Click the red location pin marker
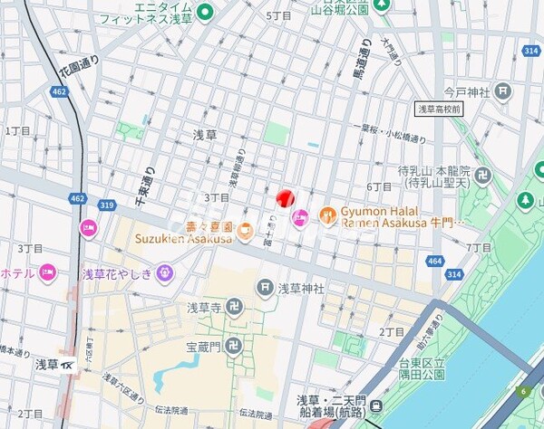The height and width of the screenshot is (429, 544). coord(285,197)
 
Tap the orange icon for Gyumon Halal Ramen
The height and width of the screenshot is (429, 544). coord(327,215)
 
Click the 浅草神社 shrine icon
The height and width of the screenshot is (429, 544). coord(265,289)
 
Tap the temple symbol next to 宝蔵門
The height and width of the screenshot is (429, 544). coord(234,345)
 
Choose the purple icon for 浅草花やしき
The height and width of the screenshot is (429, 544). coord(164,272)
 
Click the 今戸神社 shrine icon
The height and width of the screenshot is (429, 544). coord(503,91)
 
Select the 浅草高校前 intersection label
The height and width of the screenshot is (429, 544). coord(439,109)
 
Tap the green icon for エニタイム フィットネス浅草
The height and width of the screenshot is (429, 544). coord(204,13)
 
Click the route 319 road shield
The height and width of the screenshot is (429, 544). coord(107,206)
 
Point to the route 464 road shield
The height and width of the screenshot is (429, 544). coord(435,262)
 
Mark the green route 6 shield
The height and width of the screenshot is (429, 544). coord(523,391)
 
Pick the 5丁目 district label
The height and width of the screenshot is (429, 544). coord(277,16)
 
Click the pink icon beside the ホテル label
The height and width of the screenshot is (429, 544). coord(48,272)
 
